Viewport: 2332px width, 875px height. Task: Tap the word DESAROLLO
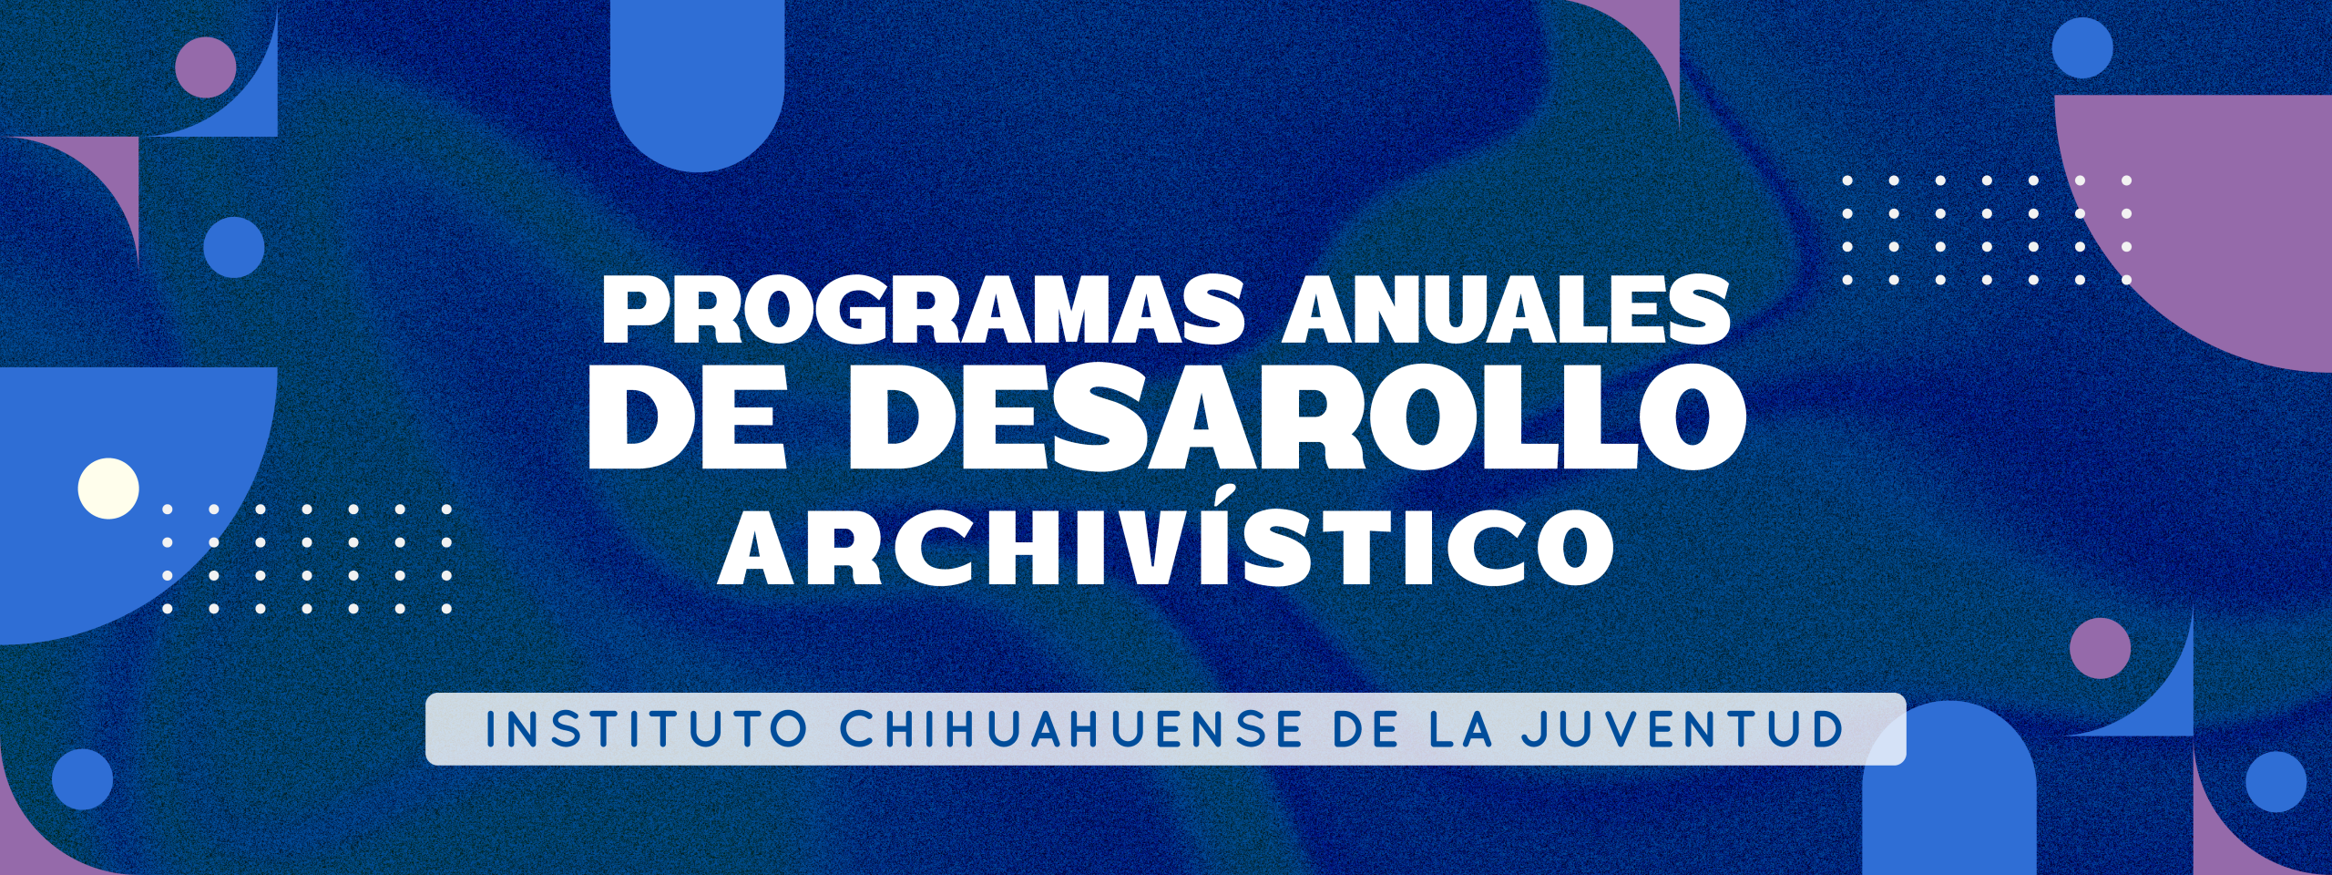[1296, 417]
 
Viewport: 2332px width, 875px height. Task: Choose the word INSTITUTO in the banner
[648, 729]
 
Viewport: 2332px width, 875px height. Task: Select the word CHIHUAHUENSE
[1071, 729]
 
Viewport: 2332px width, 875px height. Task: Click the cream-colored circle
[108, 489]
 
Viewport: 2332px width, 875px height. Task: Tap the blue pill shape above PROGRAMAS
[697, 86]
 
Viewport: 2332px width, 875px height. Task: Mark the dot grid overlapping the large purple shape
[1987, 231]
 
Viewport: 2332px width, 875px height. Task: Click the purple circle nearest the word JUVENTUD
[2100, 648]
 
